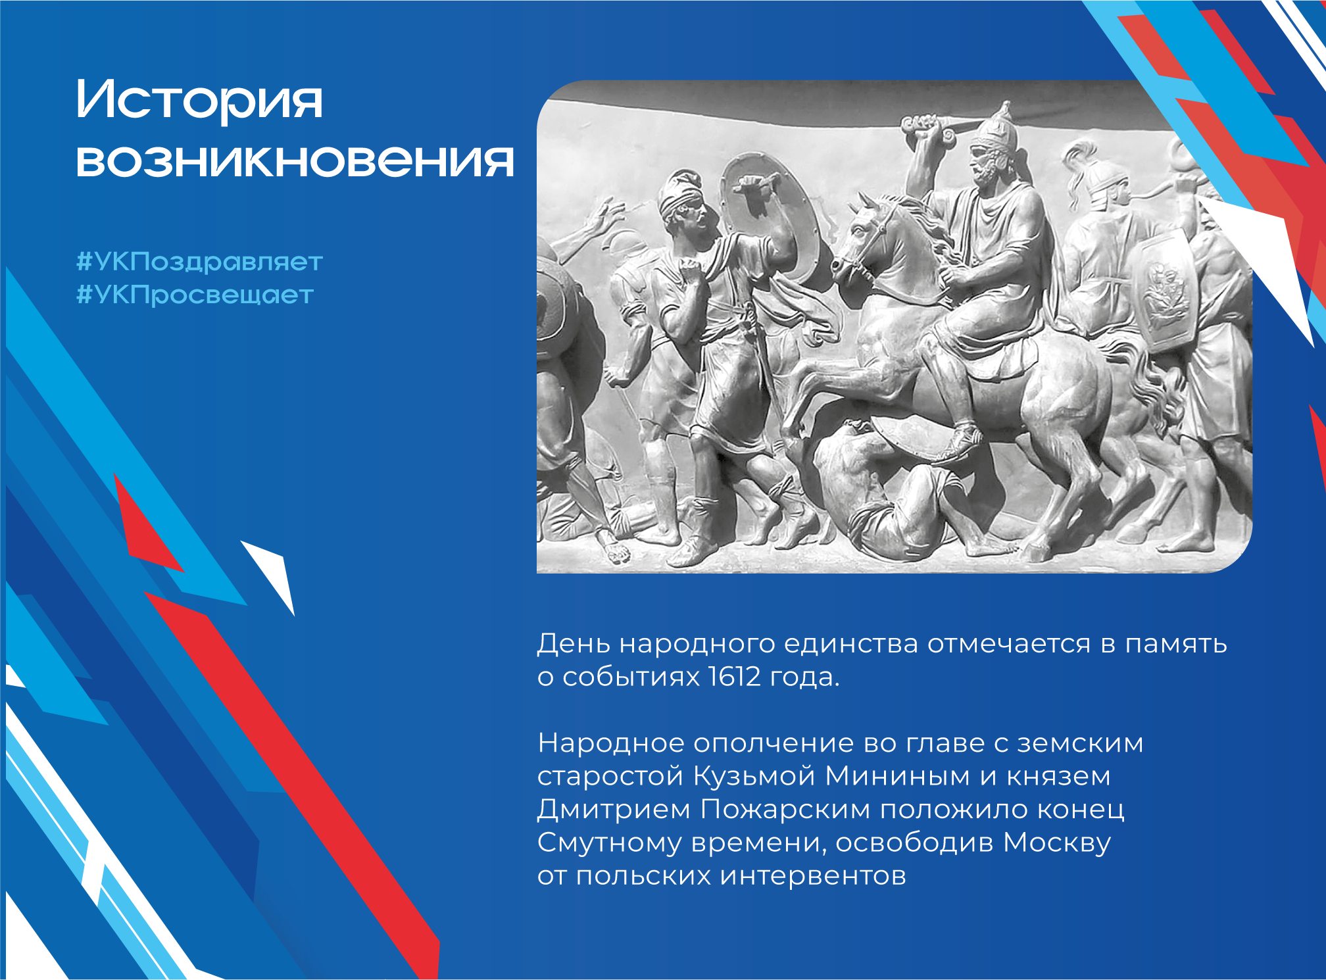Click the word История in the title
point(199,99)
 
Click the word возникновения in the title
point(295,161)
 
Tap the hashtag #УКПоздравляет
point(199,262)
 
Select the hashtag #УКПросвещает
point(195,295)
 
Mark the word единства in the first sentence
point(850,644)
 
